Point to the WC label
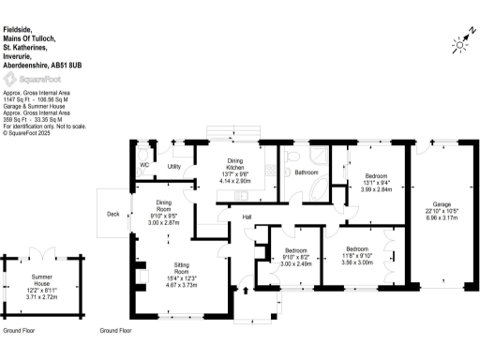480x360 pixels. (144, 165)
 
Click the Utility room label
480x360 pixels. (173, 167)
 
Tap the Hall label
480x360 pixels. (247, 217)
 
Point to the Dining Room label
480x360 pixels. (163, 206)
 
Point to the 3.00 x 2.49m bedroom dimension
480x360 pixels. (295, 263)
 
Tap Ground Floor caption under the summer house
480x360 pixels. (20, 331)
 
